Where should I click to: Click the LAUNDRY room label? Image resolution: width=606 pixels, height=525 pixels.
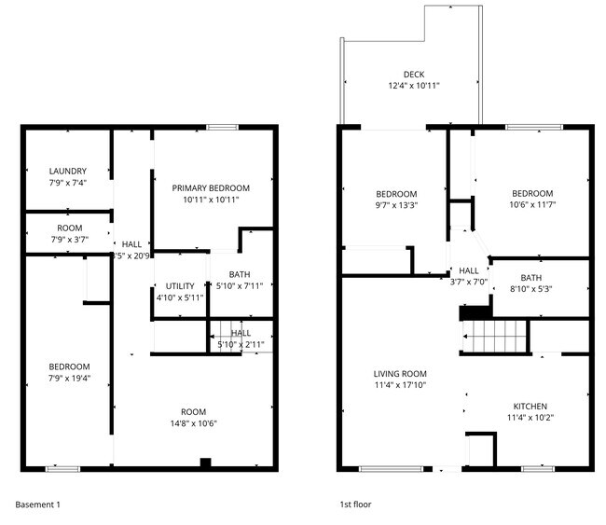pyautogui.click(x=68, y=171)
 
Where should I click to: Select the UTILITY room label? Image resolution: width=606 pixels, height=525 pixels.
pyautogui.click(x=180, y=286)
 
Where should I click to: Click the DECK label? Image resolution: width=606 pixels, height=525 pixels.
pyautogui.click(x=414, y=75)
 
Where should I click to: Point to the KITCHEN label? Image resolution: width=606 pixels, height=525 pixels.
pyautogui.click(x=530, y=406)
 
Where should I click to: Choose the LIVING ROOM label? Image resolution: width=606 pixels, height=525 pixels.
pyautogui.click(x=400, y=373)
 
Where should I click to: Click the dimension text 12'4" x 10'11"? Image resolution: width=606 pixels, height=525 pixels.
pyautogui.click(x=414, y=86)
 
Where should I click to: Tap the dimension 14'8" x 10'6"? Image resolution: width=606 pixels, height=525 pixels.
pyautogui.click(x=193, y=423)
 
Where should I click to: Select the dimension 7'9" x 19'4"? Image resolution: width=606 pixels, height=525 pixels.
pyautogui.click(x=69, y=378)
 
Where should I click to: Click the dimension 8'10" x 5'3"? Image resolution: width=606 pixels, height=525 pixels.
pyautogui.click(x=530, y=289)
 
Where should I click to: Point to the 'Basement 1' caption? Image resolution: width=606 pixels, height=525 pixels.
pyautogui.click(x=38, y=504)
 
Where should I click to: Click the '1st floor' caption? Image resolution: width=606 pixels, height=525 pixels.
pyautogui.click(x=355, y=504)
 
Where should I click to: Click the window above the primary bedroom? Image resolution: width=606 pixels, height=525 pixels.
pyautogui.click(x=222, y=127)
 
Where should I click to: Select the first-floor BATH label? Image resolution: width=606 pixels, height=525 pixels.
pyautogui.click(x=530, y=278)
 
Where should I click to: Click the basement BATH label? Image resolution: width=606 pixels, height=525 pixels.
pyautogui.click(x=241, y=275)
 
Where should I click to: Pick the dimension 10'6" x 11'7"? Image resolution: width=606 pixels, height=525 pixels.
pyautogui.click(x=531, y=205)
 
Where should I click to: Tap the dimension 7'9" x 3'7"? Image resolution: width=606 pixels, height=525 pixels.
pyautogui.click(x=69, y=240)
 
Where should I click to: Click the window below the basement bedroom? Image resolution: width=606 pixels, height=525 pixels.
pyautogui.click(x=62, y=468)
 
